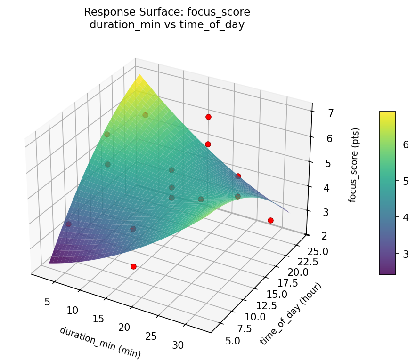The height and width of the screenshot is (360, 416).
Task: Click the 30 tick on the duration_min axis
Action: pyautogui.click(x=178, y=345)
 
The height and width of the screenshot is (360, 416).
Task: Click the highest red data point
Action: pyautogui.click(x=208, y=117)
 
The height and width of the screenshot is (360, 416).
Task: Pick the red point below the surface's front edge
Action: pyautogui.click(x=133, y=266)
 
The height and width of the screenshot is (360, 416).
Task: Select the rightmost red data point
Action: pyautogui.click(x=270, y=220)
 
